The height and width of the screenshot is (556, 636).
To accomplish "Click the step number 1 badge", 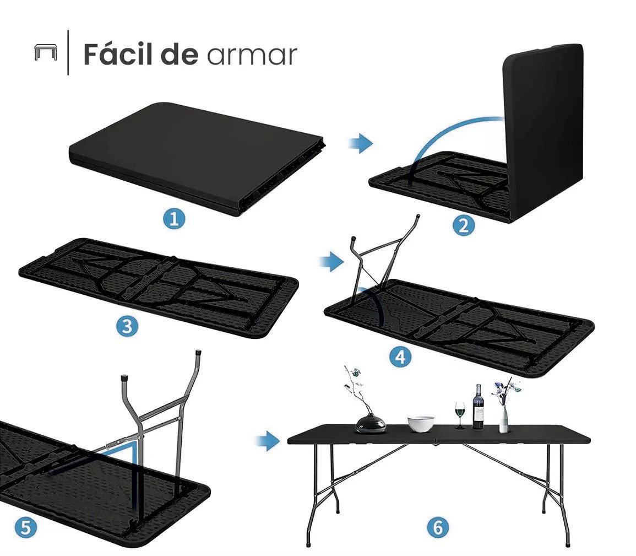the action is (175, 219).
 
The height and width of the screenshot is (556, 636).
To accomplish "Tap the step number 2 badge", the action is (464, 225).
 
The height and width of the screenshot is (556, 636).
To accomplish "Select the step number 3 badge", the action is (127, 326).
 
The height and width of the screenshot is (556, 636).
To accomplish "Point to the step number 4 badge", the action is (400, 357).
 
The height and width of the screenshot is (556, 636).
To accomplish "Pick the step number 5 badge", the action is (25, 527).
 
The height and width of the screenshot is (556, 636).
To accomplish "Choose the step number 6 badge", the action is (438, 527).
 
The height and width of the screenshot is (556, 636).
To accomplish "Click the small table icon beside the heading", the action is (46, 52).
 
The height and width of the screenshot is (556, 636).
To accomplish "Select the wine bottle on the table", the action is (478, 407).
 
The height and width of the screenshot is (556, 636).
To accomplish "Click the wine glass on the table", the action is (460, 415).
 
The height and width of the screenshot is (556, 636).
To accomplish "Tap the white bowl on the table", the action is (421, 424).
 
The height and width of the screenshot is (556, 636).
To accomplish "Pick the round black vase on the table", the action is (371, 423).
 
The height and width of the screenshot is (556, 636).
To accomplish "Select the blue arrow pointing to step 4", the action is (332, 261).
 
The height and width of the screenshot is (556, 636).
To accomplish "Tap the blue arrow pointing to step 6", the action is (268, 441).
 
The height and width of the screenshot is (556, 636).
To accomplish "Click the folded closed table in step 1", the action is (197, 158).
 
